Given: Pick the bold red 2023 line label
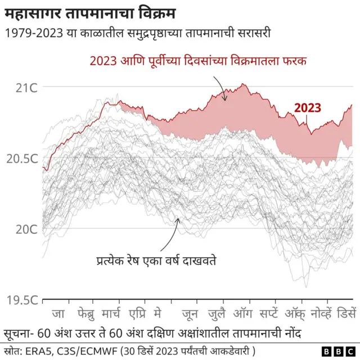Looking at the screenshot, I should click(308, 108).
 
